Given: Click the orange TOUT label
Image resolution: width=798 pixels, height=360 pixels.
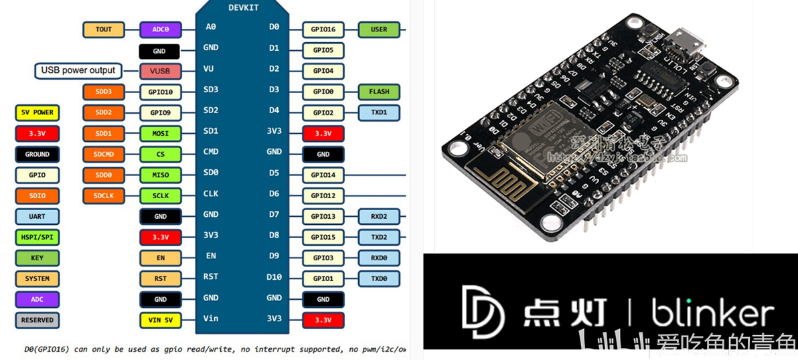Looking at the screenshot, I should click(104, 29).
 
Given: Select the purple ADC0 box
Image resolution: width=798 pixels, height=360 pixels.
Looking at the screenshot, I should click(161, 29).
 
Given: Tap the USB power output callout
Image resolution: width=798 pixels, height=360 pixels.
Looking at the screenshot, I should click(78, 70).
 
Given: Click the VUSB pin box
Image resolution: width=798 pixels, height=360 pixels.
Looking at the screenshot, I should click(161, 71).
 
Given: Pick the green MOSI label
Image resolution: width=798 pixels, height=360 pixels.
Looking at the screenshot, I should click(161, 133).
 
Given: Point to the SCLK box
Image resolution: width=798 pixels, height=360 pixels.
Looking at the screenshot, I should click(161, 196).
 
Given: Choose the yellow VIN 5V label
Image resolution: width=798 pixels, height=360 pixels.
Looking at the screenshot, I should click(161, 321).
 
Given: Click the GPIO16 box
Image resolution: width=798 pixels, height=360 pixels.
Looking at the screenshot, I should click(323, 29).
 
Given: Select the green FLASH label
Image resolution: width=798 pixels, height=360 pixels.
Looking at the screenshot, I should click(379, 92).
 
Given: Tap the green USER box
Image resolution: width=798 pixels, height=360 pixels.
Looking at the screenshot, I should click(379, 29).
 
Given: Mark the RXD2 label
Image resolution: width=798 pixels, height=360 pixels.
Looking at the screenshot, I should click(379, 216).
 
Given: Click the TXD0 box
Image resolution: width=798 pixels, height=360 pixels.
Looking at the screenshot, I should click(379, 278).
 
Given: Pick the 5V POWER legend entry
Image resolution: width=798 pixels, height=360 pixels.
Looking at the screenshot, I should click(37, 112).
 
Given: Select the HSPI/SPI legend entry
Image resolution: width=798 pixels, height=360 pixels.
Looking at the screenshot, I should click(37, 237).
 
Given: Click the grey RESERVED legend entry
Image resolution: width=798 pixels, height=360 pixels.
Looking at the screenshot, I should click(37, 320).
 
